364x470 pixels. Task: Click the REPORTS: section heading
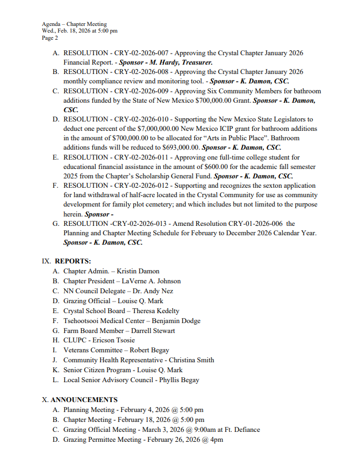click(x=73, y=261)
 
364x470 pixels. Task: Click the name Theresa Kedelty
click(x=155, y=311)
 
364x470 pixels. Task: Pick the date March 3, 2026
click(x=161, y=429)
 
